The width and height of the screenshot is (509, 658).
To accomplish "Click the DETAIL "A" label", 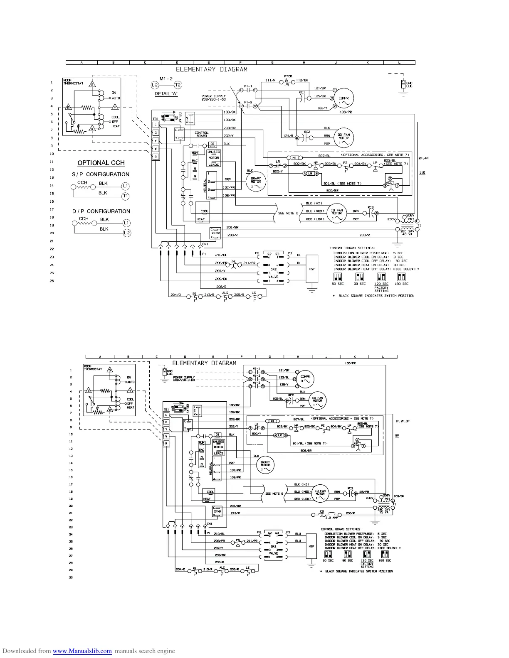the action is click(166, 93).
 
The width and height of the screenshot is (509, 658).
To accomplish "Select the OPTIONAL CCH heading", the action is click(101, 163).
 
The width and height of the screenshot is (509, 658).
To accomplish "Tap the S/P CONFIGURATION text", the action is click(101, 174).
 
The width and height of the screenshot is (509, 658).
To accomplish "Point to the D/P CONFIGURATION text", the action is click(101, 211).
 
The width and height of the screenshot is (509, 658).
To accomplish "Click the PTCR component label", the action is click(288, 76).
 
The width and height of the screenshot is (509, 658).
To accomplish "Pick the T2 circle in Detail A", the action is click(178, 85).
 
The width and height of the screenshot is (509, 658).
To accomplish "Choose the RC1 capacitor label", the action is click(302, 92).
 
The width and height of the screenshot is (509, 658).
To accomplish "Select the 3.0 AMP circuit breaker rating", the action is click(331, 518).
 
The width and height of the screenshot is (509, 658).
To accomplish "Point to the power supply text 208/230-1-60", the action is click(213, 101).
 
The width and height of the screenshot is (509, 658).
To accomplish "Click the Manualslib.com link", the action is click(82, 651).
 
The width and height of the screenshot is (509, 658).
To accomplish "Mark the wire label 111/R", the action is click(271, 80).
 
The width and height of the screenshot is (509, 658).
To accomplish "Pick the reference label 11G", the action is click(422, 172).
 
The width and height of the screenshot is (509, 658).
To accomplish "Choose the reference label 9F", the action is click(397, 435).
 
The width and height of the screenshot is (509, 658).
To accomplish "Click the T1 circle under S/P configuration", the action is click(126, 196).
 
